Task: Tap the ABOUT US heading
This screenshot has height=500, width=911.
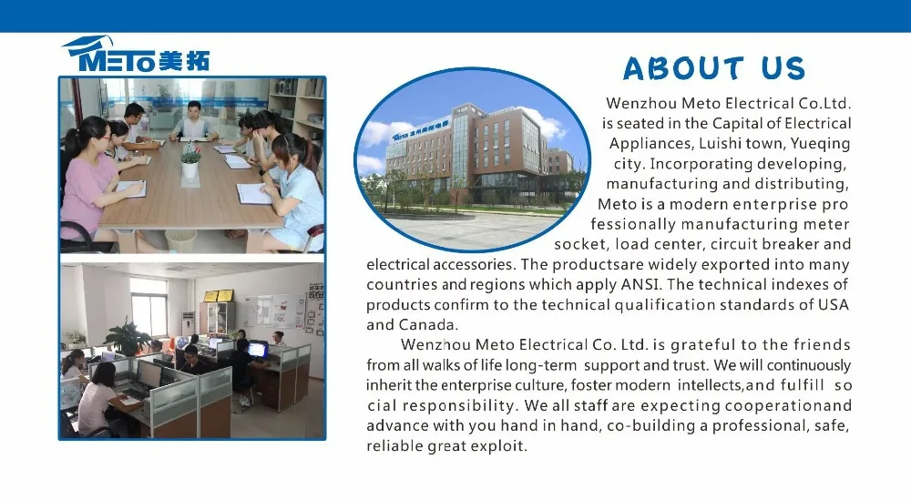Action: coord(714,68)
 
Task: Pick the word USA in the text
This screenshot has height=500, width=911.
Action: coord(834,304)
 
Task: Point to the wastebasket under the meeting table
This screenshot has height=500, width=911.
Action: coord(180,241)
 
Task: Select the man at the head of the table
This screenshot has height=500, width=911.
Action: coord(193,121)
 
